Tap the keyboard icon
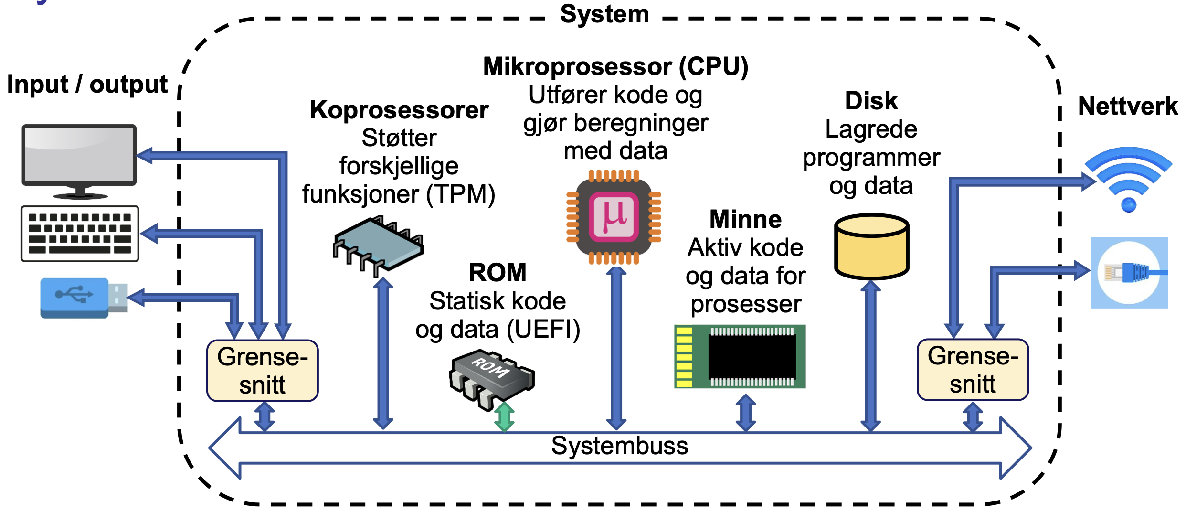[x=80, y=234]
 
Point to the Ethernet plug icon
[x=1129, y=273]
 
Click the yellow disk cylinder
[x=871, y=247]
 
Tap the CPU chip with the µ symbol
[x=614, y=217]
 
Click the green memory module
[x=740, y=356]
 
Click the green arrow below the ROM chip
[x=504, y=417]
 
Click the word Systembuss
[x=619, y=446]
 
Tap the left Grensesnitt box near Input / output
[x=262, y=371]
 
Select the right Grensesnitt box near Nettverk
[x=973, y=370]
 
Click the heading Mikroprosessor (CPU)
[x=615, y=66]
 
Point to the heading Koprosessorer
[x=399, y=110]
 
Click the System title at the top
[x=604, y=14]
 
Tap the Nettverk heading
[x=1128, y=106]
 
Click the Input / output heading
[x=87, y=85]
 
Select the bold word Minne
[x=745, y=219]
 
